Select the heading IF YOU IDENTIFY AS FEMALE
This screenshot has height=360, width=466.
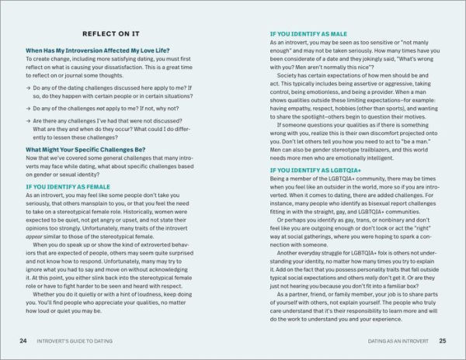[x=77, y=187]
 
